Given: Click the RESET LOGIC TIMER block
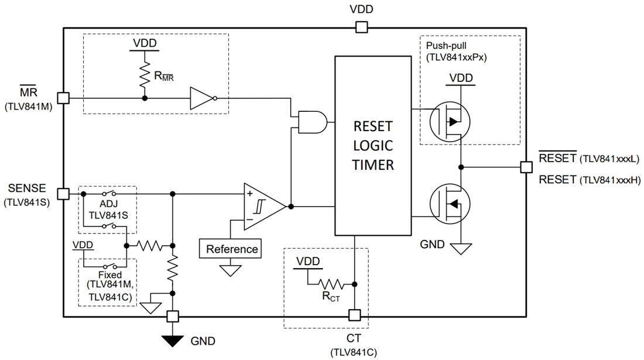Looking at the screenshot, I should [x=372, y=145].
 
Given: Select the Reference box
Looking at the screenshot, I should [x=232, y=249].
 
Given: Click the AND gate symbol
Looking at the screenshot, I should [x=312, y=122].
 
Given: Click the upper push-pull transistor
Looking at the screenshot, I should [x=450, y=122].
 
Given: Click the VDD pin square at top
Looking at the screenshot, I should [x=361, y=27].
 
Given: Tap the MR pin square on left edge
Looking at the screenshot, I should [x=63, y=98].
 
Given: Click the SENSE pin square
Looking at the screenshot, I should [x=63, y=193].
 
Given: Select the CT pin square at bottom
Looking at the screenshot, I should [x=354, y=316].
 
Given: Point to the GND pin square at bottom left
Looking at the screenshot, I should [x=172, y=316].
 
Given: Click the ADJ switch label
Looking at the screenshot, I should [x=108, y=204].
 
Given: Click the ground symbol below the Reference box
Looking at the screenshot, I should [x=232, y=270].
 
